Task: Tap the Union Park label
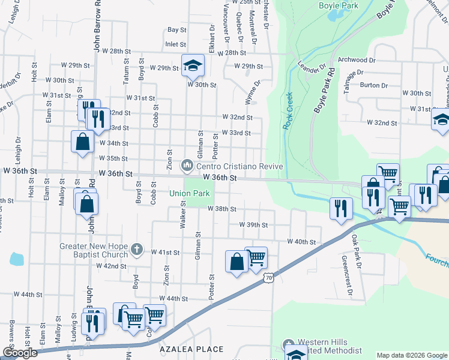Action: pyautogui.click(x=189, y=194)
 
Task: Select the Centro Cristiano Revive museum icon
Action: pyautogui.click(x=187, y=164)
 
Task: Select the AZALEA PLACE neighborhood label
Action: pyautogui.click(x=191, y=349)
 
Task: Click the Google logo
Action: pyautogui.click(x=20, y=353)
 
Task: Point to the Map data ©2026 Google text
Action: pyautogui.click(x=412, y=355)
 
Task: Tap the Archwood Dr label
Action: pyautogui.click(x=357, y=60)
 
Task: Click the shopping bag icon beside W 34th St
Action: pyautogui.click(x=82, y=142)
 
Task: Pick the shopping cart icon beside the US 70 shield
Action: pyautogui.click(x=256, y=257)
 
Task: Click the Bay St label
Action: pyautogui.click(x=177, y=29)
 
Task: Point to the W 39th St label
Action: pyautogui.click(x=253, y=224)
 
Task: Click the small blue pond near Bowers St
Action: pyautogui.click(x=16, y=259)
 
